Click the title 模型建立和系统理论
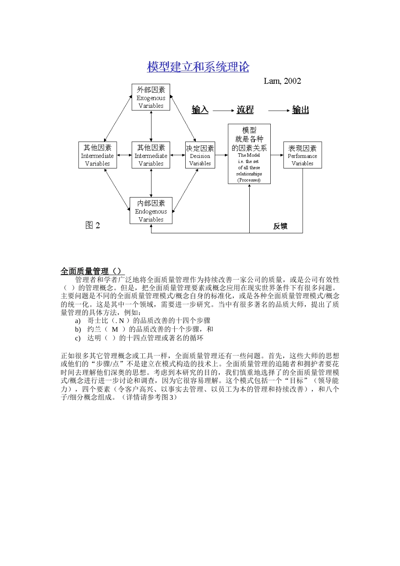[x=198, y=67]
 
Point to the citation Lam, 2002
[x=282, y=81]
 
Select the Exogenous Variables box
[x=151, y=97]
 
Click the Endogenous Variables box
[x=151, y=211]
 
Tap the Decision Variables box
[x=200, y=155]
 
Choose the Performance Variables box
[x=302, y=155]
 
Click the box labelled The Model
[x=249, y=154]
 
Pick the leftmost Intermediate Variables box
[x=97, y=155]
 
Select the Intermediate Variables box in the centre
[x=151, y=155]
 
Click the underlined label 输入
[x=200, y=110]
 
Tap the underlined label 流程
[x=245, y=110]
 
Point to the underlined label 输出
[x=301, y=110]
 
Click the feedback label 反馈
[x=280, y=226]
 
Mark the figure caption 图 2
[x=93, y=225]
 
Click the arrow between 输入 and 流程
[x=223, y=110]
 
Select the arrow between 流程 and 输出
[x=279, y=110]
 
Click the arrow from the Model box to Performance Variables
[x=277, y=155]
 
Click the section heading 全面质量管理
[x=85, y=271]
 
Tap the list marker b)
[x=78, y=329]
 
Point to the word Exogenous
[x=151, y=98]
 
